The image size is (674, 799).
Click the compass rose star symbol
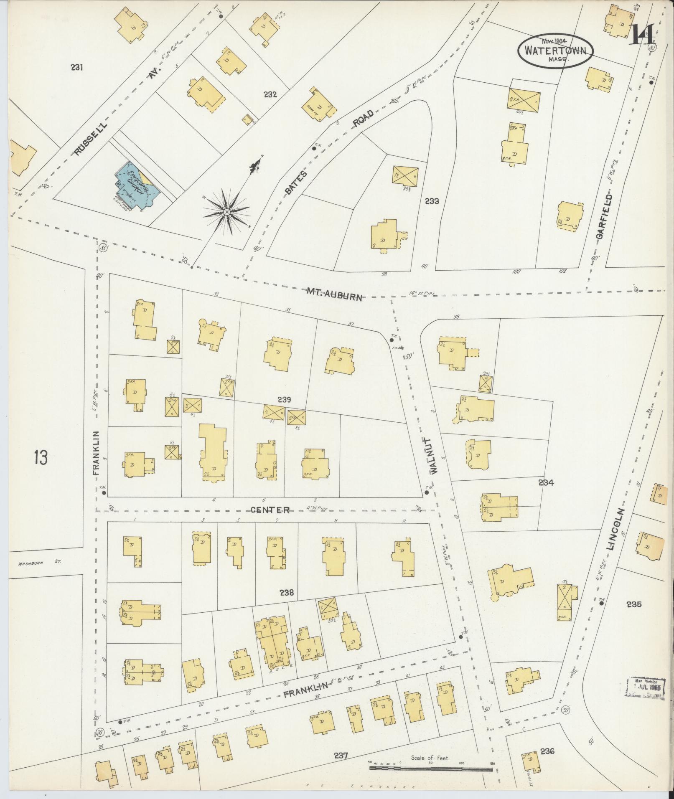point(226,212)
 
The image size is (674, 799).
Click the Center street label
point(270,510)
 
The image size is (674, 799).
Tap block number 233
point(432,201)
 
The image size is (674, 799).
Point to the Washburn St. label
point(39,562)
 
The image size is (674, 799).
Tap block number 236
point(547,751)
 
